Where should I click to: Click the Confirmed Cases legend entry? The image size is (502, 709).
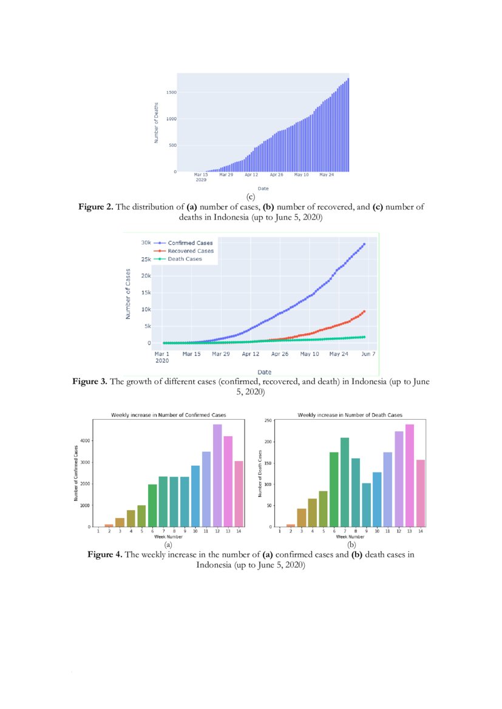point(190,243)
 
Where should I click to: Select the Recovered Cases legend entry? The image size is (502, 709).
point(191,251)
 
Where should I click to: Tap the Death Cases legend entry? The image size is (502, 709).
point(185,259)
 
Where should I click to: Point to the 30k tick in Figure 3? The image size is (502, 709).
point(146,243)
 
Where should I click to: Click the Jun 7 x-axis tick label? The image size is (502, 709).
point(368,354)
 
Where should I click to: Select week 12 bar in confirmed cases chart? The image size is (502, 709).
point(217,475)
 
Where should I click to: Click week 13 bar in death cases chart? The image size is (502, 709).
point(409,475)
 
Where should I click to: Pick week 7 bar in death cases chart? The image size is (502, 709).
point(345,482)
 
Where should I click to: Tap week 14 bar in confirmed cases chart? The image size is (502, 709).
point(239,494)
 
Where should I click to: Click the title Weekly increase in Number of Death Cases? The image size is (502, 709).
point(350,415)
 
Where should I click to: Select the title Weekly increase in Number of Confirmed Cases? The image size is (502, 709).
point(168,415)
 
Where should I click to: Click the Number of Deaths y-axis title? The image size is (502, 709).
point(156,123)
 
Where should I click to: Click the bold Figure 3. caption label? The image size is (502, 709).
point(90,382)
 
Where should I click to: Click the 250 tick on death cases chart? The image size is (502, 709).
point(268,420)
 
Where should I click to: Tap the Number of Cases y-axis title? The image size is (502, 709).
point(128,294)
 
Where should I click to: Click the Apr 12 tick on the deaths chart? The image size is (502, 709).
point(251,175)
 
